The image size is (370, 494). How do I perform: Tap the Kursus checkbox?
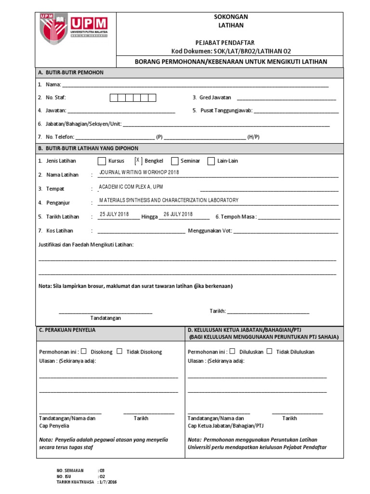click(102, 161)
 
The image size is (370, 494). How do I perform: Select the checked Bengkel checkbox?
click(138, 161)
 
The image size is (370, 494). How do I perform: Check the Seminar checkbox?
click(174, 161)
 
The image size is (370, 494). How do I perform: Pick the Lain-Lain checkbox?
click(211, 161)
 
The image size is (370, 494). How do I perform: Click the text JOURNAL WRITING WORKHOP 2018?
click(139, 172)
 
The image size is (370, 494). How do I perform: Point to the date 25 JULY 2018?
click(114, 214)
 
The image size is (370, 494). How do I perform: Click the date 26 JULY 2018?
click(178, 214)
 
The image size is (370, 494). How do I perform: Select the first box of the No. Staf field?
click(114, 98)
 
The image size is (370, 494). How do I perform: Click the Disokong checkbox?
click(84, 351)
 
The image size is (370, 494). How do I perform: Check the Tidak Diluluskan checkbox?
click(270, 351)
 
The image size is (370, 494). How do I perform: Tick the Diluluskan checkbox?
click(233, 351)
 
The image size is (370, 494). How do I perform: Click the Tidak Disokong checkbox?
click(119, 351)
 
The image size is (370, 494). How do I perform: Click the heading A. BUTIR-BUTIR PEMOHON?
click(71, 72)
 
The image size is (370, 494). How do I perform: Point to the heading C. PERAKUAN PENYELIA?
click(67, 330)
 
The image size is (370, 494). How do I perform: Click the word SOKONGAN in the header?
click(231, 17)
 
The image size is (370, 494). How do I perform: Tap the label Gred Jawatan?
click(215, 97)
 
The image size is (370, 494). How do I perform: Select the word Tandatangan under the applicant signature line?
click(106, 318)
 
